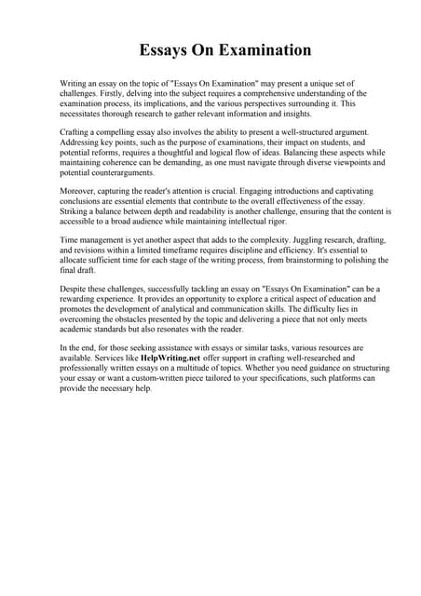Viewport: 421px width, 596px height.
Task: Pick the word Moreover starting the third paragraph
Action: [78, 191]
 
